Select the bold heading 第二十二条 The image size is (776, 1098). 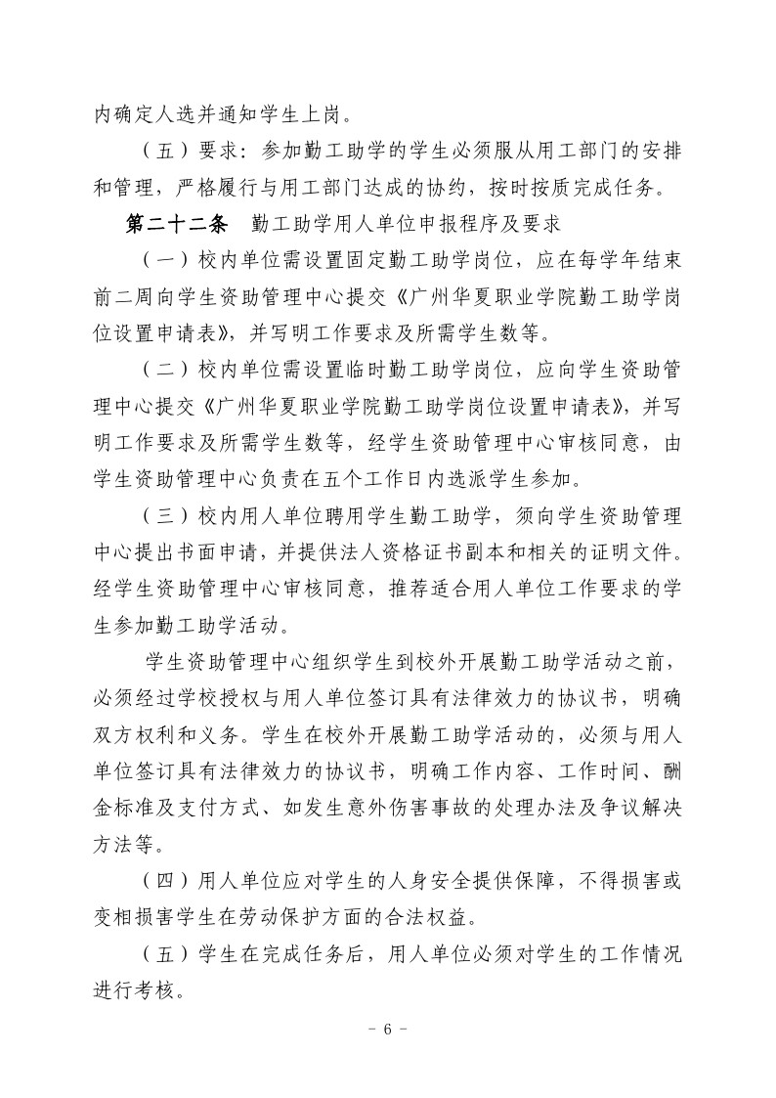(176, 223)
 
